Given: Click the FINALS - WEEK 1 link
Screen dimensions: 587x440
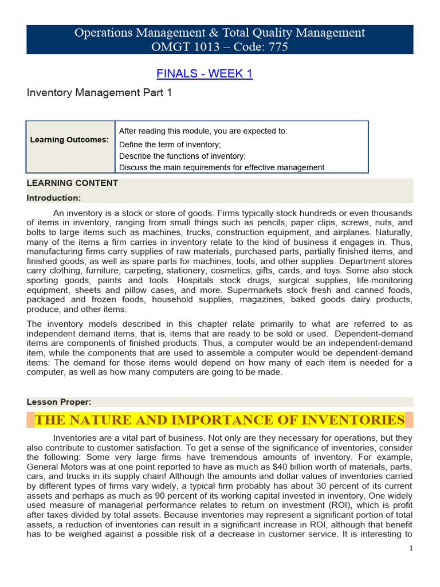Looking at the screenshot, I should click(205, 73).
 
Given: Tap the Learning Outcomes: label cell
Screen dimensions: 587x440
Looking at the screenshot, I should click(69, 140).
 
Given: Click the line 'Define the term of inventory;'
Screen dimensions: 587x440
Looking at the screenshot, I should click(170, 144).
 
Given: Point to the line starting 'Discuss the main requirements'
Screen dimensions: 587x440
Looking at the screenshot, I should click(222, 167).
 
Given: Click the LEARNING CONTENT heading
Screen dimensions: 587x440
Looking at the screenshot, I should click(73, 183).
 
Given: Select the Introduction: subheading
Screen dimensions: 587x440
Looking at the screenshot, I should click(54, 198).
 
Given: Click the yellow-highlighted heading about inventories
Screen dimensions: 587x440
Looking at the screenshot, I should click(220, 420).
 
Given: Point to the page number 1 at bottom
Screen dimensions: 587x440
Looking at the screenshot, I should click(411, 548).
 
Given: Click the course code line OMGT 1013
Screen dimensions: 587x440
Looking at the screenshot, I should click(220, 47).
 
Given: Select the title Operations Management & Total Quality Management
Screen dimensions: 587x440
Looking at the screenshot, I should click(220, 33).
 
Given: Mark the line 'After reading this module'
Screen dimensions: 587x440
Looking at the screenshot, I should click(203, 131).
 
